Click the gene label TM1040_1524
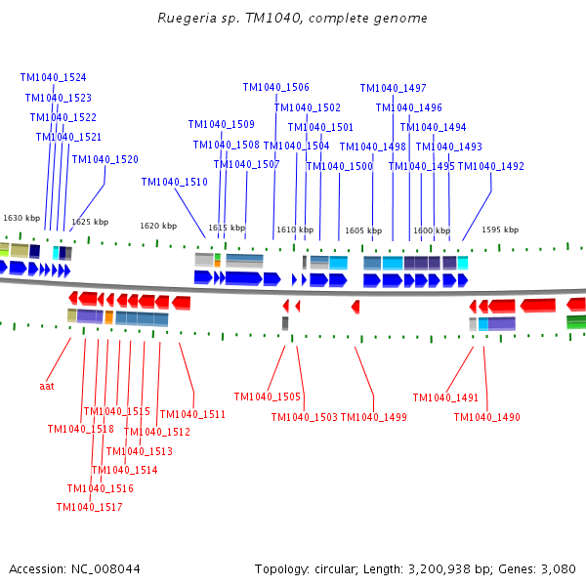point(53,77)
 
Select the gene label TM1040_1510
point(174,182)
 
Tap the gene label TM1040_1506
point(275,87)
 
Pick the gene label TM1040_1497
point(393,88)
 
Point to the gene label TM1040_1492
point(490,166)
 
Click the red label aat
point(47,386)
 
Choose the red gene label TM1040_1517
point(89,507)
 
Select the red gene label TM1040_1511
point(192,414)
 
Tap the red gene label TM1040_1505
point(267,397)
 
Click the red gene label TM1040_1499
point(373,418)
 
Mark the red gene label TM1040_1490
point(486,418)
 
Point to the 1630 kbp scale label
point(21,218)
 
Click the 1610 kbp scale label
point(295,230)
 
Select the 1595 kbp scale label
point(499,230)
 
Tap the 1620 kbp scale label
point(158,226)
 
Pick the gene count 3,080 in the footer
point(559,568)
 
